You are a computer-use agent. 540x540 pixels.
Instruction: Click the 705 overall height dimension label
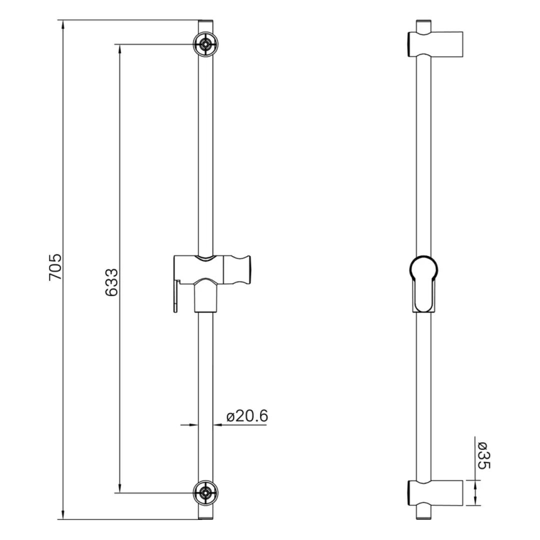(55, 266)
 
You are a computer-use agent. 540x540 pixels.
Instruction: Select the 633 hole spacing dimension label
(111, 282)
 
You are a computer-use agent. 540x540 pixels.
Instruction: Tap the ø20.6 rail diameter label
(247, 416)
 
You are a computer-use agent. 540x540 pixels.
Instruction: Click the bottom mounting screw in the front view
(206, 493)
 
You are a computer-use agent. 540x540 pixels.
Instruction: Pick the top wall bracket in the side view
(435, 44)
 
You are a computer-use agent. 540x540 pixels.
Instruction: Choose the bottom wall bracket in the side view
(435, 493)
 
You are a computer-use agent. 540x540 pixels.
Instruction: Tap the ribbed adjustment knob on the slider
(238, 270)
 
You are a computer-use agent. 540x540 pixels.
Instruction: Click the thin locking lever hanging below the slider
(176, 296)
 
